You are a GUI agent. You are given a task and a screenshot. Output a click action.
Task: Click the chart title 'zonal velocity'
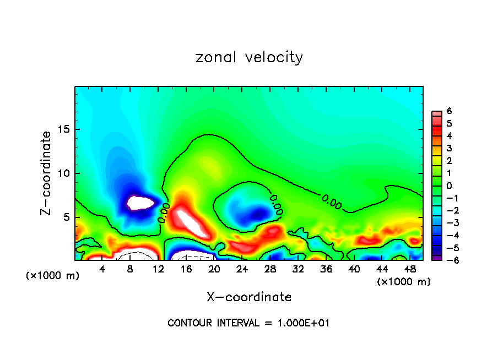point(249,57)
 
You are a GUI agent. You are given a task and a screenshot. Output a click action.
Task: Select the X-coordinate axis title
point(249,297)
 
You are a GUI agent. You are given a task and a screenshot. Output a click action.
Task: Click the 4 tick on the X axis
point(102,269)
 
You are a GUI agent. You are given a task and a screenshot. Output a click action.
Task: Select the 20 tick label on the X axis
point(214,269)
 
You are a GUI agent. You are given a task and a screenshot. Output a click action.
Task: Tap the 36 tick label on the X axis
point(326,269)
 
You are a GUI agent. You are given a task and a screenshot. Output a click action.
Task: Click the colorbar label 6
point(450,111)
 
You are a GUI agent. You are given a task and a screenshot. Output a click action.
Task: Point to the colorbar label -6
point(448,260)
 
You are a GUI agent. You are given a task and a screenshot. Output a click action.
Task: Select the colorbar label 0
point(450,186)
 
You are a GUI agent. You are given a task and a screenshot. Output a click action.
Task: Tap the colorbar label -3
point(448,223)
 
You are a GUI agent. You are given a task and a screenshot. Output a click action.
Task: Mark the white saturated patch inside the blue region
point(140,203)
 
